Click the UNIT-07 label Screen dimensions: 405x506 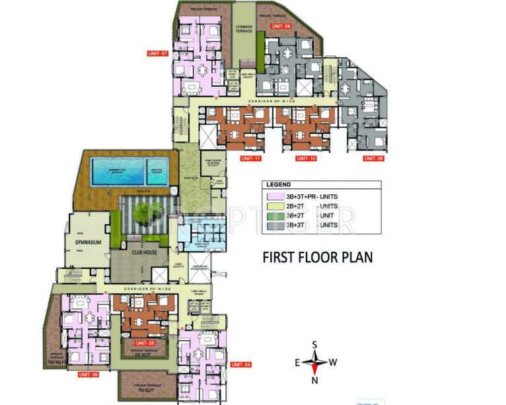coord(158,53)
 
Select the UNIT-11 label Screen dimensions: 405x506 coord(234,159)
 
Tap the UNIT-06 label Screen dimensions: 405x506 coord(88,375)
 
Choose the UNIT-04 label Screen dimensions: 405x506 coord(241,365)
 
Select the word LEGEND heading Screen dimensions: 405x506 coord(280,185)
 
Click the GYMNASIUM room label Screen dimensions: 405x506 coord(87,242)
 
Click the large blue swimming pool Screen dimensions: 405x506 coord(117,171)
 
